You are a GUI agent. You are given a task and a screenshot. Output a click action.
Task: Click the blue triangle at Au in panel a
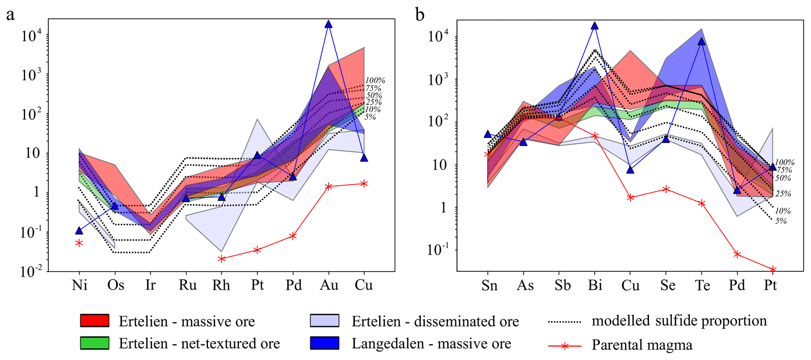328,24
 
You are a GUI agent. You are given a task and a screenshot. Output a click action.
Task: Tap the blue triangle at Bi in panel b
595,26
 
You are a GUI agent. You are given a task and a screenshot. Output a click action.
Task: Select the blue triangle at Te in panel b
702,42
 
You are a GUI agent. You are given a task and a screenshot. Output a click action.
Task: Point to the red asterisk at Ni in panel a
79,243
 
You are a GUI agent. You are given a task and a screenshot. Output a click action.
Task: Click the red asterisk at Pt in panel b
773,270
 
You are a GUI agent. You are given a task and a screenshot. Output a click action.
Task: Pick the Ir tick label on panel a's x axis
150,285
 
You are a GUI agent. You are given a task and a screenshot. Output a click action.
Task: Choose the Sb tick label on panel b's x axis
562,285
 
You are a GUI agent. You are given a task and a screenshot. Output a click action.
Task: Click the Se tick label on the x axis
667,285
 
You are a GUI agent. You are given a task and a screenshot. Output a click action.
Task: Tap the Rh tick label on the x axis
221,285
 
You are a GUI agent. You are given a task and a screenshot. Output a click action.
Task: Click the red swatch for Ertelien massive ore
95,321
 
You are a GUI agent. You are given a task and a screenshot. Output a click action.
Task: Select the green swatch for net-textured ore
95,343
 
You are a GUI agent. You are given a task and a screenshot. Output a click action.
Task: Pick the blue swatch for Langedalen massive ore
324,343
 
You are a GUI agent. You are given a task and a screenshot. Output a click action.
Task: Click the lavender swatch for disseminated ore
324,321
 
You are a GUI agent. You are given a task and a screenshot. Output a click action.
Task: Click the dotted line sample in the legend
564,322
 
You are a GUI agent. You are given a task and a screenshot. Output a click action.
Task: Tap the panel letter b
420,15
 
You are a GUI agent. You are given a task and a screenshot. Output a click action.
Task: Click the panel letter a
10,15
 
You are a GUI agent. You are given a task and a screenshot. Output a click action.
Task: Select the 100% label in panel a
375,80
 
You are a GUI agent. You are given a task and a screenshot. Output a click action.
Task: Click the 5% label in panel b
781,221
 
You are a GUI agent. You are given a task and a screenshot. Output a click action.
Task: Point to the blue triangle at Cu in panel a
364,158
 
